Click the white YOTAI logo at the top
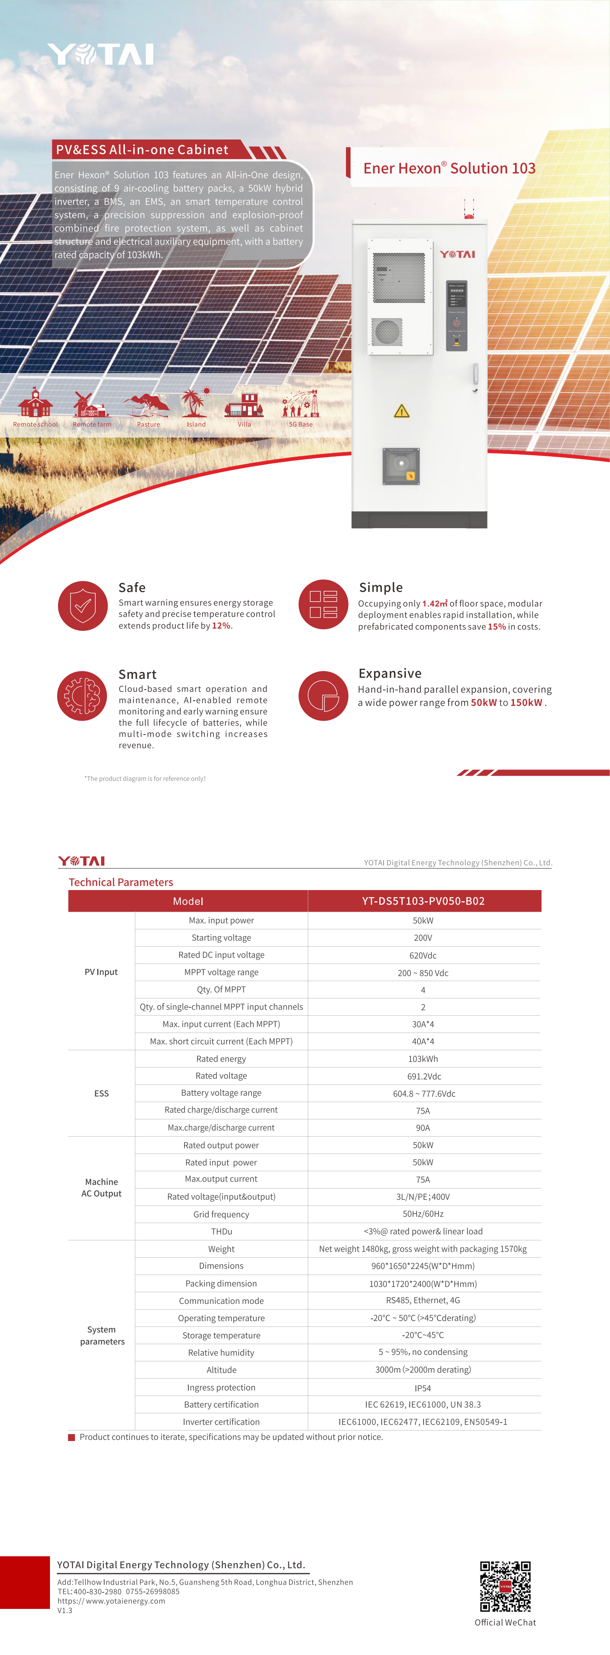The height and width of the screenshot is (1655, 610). point(101,55)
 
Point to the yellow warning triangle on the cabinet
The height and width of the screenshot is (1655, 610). point(401,411)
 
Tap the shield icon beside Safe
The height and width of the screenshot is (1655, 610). point(83,606)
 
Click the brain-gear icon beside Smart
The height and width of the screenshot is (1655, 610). point(82,696)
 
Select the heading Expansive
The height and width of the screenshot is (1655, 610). point(389,673)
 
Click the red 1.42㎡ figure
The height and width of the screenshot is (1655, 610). point(434,603)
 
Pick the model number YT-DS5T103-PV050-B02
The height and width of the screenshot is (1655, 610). point(423,901)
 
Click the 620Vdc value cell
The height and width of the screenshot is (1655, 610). point(423,955)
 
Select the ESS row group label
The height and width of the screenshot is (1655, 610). point(101,1093)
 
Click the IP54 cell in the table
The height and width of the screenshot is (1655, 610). point(423,1388)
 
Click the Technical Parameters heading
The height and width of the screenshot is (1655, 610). point(121,882)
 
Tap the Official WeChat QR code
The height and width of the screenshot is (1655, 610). point(505,1586)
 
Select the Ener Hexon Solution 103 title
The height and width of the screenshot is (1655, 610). point(449,168)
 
